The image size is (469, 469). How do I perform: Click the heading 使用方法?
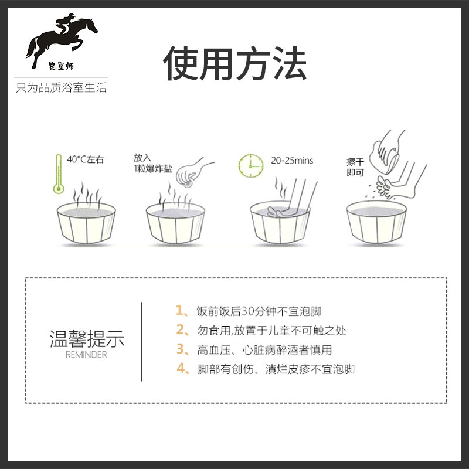point(235,63)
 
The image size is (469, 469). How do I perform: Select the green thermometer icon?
point(58,174)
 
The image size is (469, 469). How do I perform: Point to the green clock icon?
point(250,165)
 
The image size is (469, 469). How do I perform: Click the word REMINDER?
point(87,355)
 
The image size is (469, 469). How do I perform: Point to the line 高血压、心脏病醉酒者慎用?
point(264,349)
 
